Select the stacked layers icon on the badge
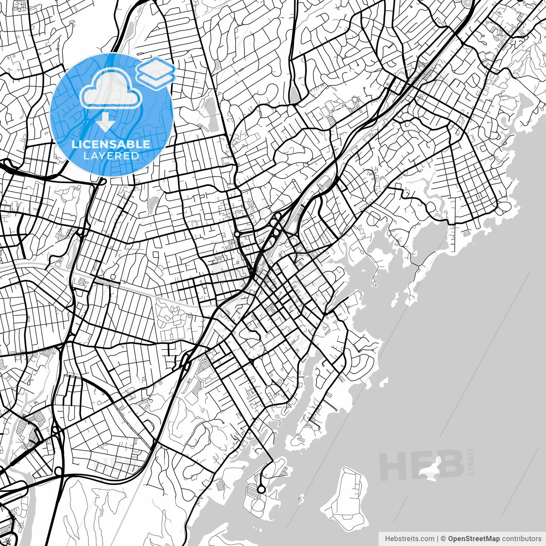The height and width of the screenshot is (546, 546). tap(156, 73)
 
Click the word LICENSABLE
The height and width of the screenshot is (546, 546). tap(111, 145)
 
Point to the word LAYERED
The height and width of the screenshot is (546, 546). tap(111, 156)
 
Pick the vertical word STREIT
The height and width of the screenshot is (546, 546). tap(471, 462)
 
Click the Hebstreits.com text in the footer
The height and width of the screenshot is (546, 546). tap(409, 539)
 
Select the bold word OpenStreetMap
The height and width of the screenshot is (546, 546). tap(473, 539)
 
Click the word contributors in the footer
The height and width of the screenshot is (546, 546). tap(521, 539)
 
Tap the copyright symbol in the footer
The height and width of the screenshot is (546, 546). tap(443, 539)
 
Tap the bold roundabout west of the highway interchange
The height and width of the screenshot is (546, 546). tap(237, 234)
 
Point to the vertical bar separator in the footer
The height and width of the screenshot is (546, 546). tap(437, 539)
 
